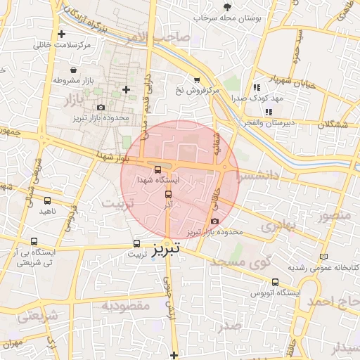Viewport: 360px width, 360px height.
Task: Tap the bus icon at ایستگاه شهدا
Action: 157,169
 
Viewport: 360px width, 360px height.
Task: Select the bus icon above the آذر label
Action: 168,194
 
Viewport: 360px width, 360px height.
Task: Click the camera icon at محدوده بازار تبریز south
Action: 214,221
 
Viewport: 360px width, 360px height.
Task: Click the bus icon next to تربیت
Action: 137,245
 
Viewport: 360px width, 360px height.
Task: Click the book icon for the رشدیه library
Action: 323,257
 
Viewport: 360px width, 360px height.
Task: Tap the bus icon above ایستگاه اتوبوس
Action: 275,281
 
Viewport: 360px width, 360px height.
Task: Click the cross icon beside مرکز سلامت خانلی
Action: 62,34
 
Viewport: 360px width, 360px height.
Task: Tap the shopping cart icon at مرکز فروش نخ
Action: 197,79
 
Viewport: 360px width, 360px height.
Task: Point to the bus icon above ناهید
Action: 47,200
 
